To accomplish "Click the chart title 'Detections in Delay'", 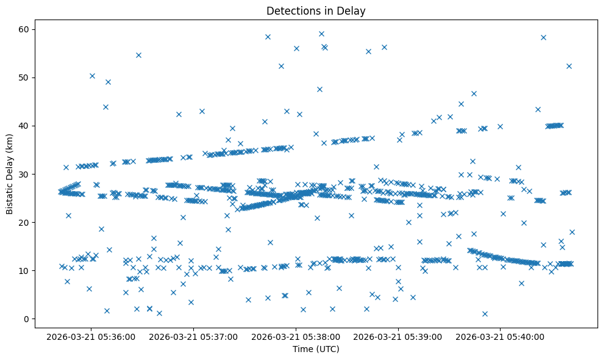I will (x=316, y=10).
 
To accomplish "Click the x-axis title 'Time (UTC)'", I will (x=316, y=349).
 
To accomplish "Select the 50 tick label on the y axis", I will (x=27, y=77).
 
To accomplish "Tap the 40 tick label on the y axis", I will (x=27, y=126).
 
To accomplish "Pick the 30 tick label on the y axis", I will (x=27, y=174).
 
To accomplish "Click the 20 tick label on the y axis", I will (x=27, y=222).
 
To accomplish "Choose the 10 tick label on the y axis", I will (x=27, y=270).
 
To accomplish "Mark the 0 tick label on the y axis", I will (x=29, y=319).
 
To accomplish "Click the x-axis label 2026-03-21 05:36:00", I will (x=91, y=336).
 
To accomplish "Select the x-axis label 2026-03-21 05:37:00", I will (x=194, y=336).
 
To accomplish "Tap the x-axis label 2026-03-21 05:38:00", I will (x=296, y=336).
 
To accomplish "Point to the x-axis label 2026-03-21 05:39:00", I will (x=399, y=336).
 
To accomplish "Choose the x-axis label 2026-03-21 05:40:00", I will (x=501, y=336).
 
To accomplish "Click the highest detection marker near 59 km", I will (x=321, y=34).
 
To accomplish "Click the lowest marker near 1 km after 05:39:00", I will (x=485, y=314).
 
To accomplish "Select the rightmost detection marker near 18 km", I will (x=572, y=232).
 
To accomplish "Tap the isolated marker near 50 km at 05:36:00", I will (x=92, y=76).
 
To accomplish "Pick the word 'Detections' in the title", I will (x=288, y=10).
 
